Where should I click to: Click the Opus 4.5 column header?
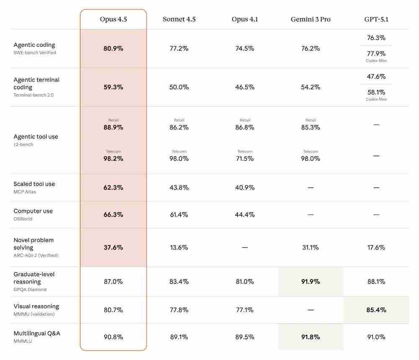(x=113, y=19)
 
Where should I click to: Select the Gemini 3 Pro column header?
(x=310, y=19)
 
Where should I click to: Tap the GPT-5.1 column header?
(x=376, y=19)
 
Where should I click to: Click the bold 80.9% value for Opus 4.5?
(x=113, y=49)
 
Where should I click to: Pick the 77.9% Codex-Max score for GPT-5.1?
(x=376, y=54)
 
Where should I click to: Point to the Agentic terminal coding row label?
(x=36, y=83)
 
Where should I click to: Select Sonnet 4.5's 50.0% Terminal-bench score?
(x=179, y=87)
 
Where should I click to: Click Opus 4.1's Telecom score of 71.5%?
(x=245, y=159)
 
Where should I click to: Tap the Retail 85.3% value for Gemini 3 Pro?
(x=310, y=127)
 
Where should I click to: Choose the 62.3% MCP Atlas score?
(x=113, y=188)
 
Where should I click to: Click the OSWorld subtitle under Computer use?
(x=23, y=219)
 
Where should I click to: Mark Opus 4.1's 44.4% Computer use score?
(x=245, y=215)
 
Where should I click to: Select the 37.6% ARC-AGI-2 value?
(x=113, y=247)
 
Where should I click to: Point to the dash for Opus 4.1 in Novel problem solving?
(x=245, y=247)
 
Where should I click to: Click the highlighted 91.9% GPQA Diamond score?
(x=310, y=282)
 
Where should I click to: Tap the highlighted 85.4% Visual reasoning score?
(x=376, y=310)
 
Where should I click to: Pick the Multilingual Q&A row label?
(x=37, y=333)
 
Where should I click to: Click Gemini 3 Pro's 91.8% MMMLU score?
(x=310, y=337)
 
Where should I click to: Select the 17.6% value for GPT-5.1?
(x=376, y=247)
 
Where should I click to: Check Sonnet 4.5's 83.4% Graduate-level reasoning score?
(x=179, y=282)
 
